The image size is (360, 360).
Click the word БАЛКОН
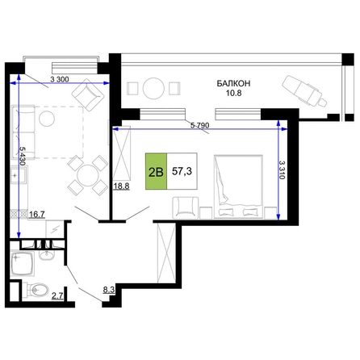coord(233,83)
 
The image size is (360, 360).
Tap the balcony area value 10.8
coord(233,93)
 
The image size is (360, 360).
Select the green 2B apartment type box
coord(156,171)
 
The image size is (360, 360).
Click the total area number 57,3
coord(182,171)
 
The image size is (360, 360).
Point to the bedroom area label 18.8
coord(121,186)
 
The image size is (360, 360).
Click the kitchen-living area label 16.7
coord(37,215)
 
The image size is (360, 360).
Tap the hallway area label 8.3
coord(109,290)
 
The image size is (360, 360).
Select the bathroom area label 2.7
coord(57,296)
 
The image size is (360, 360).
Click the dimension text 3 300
coord(60,79)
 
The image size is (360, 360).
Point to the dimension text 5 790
coord(199,125)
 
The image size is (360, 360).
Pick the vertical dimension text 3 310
coord(282,170)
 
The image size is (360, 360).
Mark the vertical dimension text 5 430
coord(23,156)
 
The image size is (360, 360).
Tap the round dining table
coord(87,176)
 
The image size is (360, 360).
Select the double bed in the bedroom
coord(238,186)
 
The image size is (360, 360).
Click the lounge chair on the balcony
coord(304,91)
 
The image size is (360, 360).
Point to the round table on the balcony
coord(153,88)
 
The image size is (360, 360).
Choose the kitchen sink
coord(19,175)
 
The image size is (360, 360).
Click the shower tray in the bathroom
coord(23,264)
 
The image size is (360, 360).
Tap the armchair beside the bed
coord(186,207)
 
